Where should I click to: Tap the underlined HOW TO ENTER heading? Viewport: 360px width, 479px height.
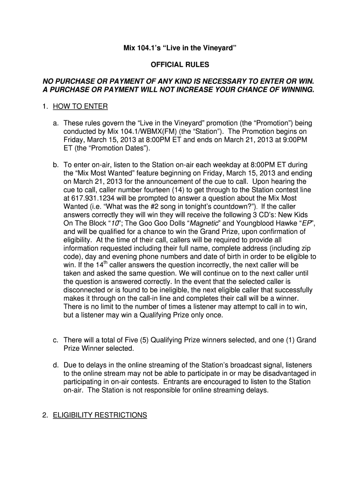point(80,107)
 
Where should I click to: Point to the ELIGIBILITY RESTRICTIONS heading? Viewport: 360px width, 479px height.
point(100,415)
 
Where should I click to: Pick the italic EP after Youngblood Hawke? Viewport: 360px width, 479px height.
point(306,223)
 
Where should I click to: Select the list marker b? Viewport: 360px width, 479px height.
point(55,164)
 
